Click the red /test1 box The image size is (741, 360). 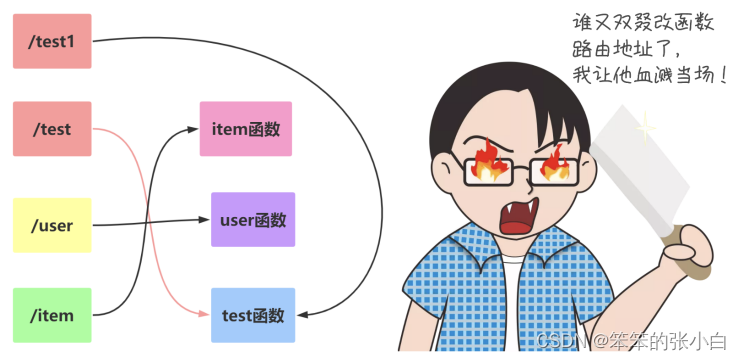tap(52, 41)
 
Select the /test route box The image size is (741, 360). tap(52, 129)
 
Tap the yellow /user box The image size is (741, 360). tap(52, 225)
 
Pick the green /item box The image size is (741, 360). tap(52, 315)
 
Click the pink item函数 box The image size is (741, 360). tap(246, 129)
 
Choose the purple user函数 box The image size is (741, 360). tap(253, 219)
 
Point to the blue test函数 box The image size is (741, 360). tap(253, 315)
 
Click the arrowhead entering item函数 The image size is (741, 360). tap(193, 129)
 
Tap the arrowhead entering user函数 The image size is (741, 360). tap(204, 219)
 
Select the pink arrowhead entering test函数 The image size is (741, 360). tap(204, 313)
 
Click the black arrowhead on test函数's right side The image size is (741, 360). tap(302, 315)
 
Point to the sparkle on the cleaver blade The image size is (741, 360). tap(645, 128)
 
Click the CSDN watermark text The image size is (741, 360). tap(631, 340)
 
